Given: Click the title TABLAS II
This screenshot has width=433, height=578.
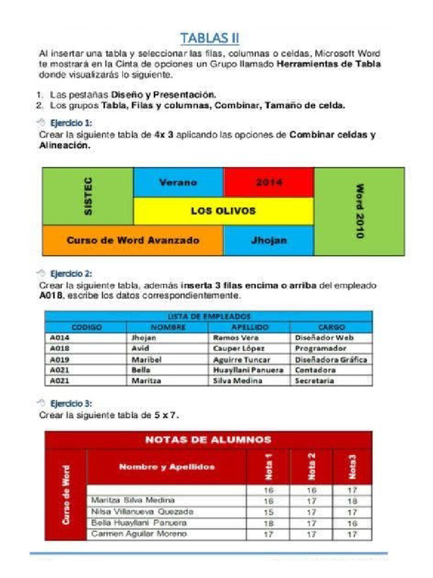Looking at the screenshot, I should (210, 38).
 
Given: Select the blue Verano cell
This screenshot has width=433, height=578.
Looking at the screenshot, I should (178, 182).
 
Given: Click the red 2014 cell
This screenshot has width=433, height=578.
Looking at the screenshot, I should (268, 182).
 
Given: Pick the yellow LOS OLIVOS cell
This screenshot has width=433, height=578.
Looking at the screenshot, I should (223, 211).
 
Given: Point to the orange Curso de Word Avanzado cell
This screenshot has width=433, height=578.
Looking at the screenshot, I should (133, 240).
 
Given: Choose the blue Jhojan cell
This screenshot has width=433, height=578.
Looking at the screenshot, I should (268, 240).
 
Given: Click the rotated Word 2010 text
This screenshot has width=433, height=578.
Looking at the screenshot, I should (359, 211).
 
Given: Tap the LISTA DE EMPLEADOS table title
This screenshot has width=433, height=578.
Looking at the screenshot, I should (209, 317).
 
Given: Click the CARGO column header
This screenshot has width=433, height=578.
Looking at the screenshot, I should (331, 327).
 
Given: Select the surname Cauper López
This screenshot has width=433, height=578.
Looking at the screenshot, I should (238, 348).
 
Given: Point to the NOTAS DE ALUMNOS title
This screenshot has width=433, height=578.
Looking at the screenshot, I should (209, 440).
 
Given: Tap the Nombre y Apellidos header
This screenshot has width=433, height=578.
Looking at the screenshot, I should (167, 467).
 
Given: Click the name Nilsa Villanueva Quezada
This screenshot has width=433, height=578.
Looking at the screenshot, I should (142, 512).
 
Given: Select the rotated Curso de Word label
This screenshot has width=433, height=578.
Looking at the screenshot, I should (67, 494).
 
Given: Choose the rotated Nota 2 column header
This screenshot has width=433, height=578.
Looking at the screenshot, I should (312, 467).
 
